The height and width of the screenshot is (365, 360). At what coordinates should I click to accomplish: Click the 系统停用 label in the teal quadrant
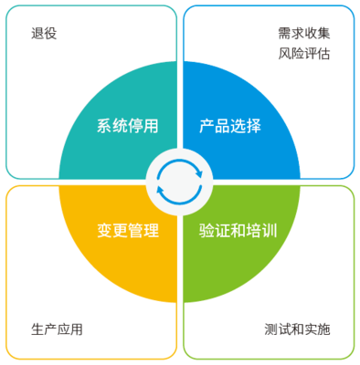click(127, 126)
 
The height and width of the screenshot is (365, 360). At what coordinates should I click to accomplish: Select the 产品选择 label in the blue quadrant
click(230, 126)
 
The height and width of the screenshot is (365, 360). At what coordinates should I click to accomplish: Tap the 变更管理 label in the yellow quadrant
click(127, 229)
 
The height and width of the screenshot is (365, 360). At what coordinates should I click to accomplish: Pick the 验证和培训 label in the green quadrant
click(238, 229)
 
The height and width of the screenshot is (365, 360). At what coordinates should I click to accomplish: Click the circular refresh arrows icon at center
click(179, 179)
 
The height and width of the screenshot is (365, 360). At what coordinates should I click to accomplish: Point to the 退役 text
click(45, 34)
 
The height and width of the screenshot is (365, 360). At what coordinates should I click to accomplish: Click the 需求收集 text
click(304, 34)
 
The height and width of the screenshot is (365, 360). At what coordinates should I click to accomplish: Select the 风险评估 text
click(304, 54)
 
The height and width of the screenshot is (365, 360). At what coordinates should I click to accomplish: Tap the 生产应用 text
click(57, 328)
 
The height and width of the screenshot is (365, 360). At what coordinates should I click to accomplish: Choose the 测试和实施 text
click(297, 328)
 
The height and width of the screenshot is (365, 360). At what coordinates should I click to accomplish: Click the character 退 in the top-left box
click(37, 34)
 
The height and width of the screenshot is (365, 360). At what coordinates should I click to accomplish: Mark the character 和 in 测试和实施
click(297, 328)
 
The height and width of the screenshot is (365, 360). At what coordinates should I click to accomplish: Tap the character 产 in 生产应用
click(50, 328)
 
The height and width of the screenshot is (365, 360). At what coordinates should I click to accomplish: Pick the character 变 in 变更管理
click(104, 229)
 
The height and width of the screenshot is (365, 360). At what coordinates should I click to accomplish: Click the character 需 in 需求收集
click(285, 34)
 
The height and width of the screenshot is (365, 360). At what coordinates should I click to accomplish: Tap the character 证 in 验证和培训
click(222, 229)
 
